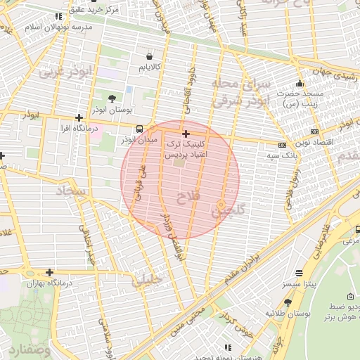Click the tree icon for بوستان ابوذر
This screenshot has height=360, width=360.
(x=112, y=98)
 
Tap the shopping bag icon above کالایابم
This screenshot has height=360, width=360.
(x=149, y=56)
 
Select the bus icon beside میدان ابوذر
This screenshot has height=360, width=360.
(x=140, y=129)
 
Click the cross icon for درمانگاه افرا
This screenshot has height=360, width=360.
(x=79, y=117)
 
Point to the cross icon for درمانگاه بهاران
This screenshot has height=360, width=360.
(x=49, y=272)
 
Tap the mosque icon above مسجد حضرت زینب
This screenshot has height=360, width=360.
(x=300, y=84)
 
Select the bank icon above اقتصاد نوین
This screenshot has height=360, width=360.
(x=314, y=131)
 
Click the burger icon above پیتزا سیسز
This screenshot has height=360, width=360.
(x=300, y=272)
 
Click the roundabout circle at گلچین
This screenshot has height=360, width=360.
(x=221, y=204)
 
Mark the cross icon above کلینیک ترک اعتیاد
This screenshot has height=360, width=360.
(x=186, y=134)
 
